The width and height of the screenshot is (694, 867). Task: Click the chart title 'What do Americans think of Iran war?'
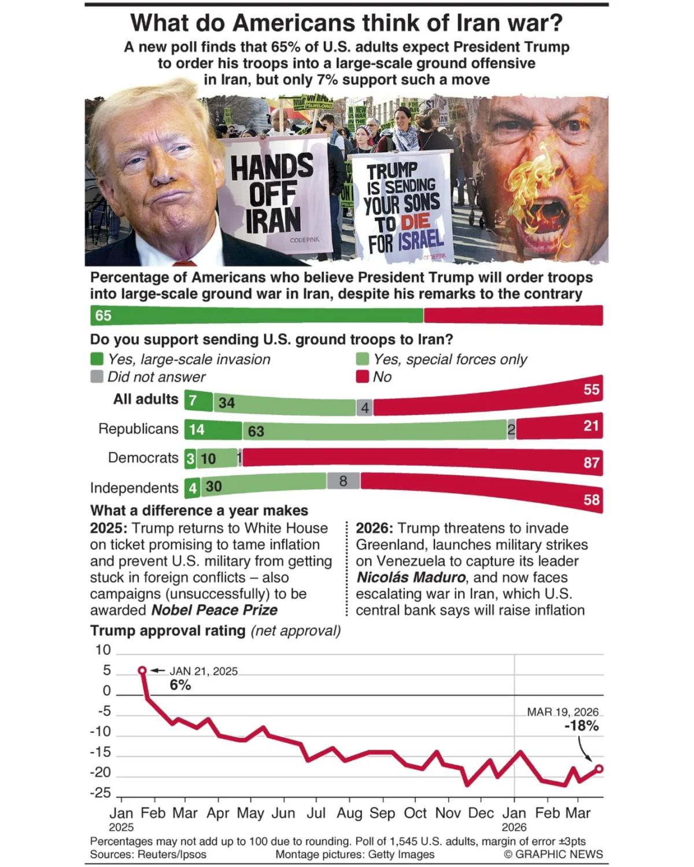346,23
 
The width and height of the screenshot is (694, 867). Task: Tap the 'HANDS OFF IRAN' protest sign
272,193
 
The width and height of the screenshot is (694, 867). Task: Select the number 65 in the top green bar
104,316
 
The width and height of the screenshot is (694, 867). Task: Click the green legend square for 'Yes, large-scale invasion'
97,360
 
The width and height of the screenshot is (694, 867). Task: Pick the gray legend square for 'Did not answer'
97,377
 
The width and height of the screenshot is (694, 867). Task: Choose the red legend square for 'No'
363,377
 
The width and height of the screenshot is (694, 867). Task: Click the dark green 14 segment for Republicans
213,430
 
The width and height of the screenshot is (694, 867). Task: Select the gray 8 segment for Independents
343,481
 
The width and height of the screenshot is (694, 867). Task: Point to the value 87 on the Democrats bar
591,462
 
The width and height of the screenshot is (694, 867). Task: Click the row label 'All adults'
146,399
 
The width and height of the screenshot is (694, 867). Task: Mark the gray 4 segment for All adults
364,408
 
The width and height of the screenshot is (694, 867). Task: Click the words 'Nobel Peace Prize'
215,610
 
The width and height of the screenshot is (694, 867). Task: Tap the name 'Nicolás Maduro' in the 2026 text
411,577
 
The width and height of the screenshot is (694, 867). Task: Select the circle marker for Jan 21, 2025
143,670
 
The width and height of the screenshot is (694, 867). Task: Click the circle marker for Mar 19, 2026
599,769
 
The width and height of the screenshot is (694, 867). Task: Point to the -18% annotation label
581,726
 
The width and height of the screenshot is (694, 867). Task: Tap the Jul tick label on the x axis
316,813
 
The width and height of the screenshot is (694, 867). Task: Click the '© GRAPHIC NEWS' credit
553,854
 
